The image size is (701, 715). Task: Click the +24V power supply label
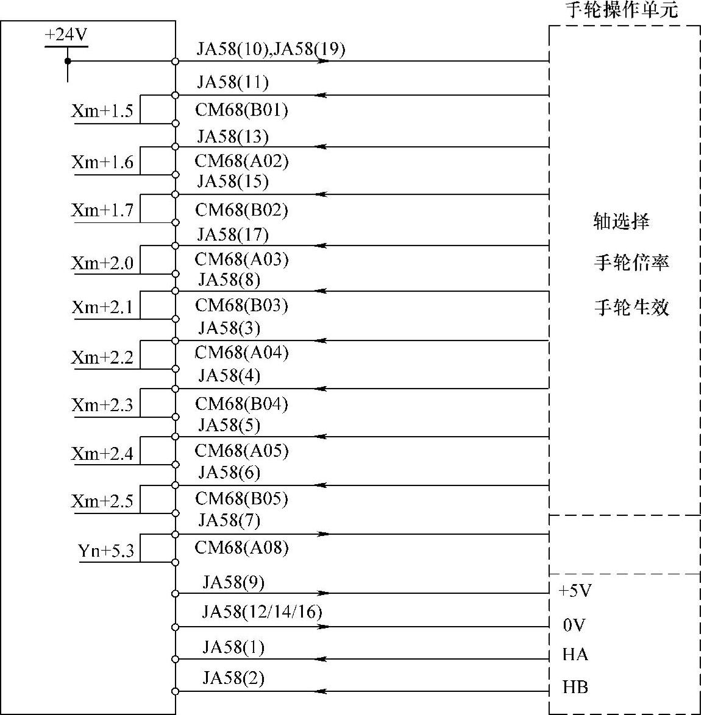coord(66,35)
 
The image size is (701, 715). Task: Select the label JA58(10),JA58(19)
coord(271,49)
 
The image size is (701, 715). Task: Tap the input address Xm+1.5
coord(102,111)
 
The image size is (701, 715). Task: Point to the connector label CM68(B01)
coord(241,110)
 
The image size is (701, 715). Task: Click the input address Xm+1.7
coord(102,211)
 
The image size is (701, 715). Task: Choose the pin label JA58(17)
coord(233,234)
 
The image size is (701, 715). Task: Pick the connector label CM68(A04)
coord(241,353)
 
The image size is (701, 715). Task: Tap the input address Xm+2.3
coord(102,405)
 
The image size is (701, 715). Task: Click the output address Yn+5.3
coord(105,551)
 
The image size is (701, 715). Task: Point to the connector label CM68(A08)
coord(241,548)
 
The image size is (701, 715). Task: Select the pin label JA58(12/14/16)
coord(262,611)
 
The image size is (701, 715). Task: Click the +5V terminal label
coord(575,591)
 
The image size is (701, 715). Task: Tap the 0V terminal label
coord(574,625)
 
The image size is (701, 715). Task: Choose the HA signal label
coord(575,655)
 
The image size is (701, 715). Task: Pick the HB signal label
coord(575,688)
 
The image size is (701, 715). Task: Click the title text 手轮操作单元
coord(622,10)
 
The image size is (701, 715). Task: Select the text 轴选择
coord(621,220)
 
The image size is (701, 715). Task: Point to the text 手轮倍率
coord(632,263)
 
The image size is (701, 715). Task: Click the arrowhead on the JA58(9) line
coord(323,593)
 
